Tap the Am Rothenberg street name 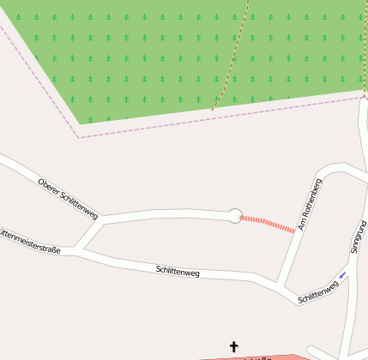(310, 205)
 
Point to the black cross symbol (233, 346)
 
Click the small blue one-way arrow (343, 275)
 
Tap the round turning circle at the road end (235, 216)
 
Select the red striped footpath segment (267, 224)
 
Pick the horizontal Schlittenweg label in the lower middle (178, 272)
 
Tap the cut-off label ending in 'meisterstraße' (30, 241)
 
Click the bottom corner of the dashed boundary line (79, 137)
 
